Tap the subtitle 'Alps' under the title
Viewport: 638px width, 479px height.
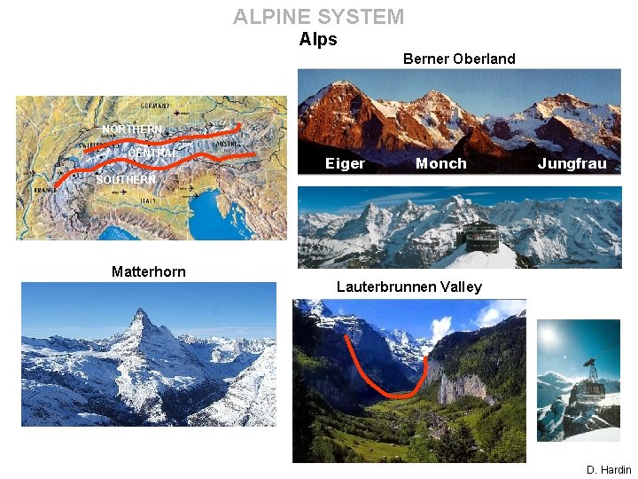[x=318, y=39]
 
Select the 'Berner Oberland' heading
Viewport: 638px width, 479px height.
[x=458, y=59]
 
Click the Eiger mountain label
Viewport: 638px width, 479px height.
[x=345, y=163]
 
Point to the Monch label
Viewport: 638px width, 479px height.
[x=440, y=163]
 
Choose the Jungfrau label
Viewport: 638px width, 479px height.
[x=572, y=163]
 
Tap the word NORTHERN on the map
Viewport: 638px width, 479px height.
[x=132, y=130]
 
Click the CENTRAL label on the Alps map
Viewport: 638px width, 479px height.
[x=152, y=154]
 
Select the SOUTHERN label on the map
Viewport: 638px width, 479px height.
[x=125, y=180]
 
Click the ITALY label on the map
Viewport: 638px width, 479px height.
[x=147, y=200]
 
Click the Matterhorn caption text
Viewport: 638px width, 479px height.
[x=149, y=271]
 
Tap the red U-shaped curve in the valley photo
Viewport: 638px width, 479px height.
[x=399, y=394]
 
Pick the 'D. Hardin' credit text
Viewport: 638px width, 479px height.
[x=609, y=470]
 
